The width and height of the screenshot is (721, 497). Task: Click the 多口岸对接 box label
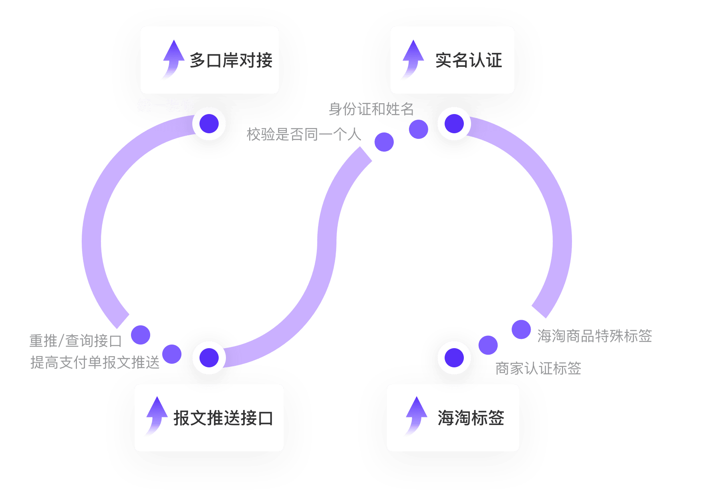231,60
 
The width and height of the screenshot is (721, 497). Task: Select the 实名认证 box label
469,60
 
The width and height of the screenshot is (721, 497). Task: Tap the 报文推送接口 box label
223,418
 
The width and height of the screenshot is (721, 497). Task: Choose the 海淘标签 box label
471,418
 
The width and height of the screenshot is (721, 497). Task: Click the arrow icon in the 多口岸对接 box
173,59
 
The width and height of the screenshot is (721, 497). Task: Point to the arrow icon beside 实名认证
413,59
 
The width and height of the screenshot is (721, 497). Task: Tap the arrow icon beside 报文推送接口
156,415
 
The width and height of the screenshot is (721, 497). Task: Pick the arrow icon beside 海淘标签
416,415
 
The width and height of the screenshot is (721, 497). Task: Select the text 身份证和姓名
371,109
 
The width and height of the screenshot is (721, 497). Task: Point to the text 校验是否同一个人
304,134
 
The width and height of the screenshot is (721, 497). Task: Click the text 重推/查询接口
76,341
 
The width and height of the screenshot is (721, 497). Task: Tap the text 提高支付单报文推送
95,363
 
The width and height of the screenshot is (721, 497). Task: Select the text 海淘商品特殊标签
594,336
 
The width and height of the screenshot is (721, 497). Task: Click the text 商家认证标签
538,369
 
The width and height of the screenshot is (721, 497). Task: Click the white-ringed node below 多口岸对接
209,124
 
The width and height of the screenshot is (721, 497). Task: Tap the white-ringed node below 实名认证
454,124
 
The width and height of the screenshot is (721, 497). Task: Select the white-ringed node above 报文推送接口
209,358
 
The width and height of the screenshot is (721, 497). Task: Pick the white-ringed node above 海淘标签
454,358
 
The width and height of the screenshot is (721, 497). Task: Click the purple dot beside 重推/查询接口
141,335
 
